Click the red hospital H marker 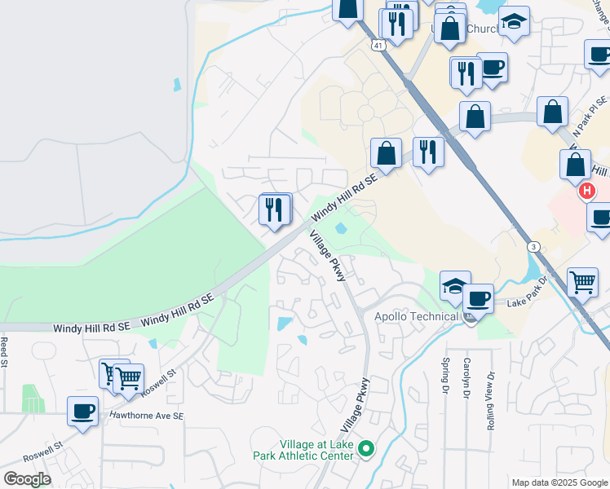pos(586,192)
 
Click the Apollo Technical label pos(416,316)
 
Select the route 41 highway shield pos(377,46)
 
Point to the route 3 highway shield pos(532,246)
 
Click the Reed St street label pos(4,350)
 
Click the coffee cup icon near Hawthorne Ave pos(82,411)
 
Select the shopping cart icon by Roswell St pos(129,377)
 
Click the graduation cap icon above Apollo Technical pos(455,285)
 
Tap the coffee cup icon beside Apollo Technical pos(479,297)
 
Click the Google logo pos(27,479)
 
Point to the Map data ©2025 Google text pos(559,482)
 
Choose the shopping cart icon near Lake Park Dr pos(583,282)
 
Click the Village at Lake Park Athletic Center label pos(316,450)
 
